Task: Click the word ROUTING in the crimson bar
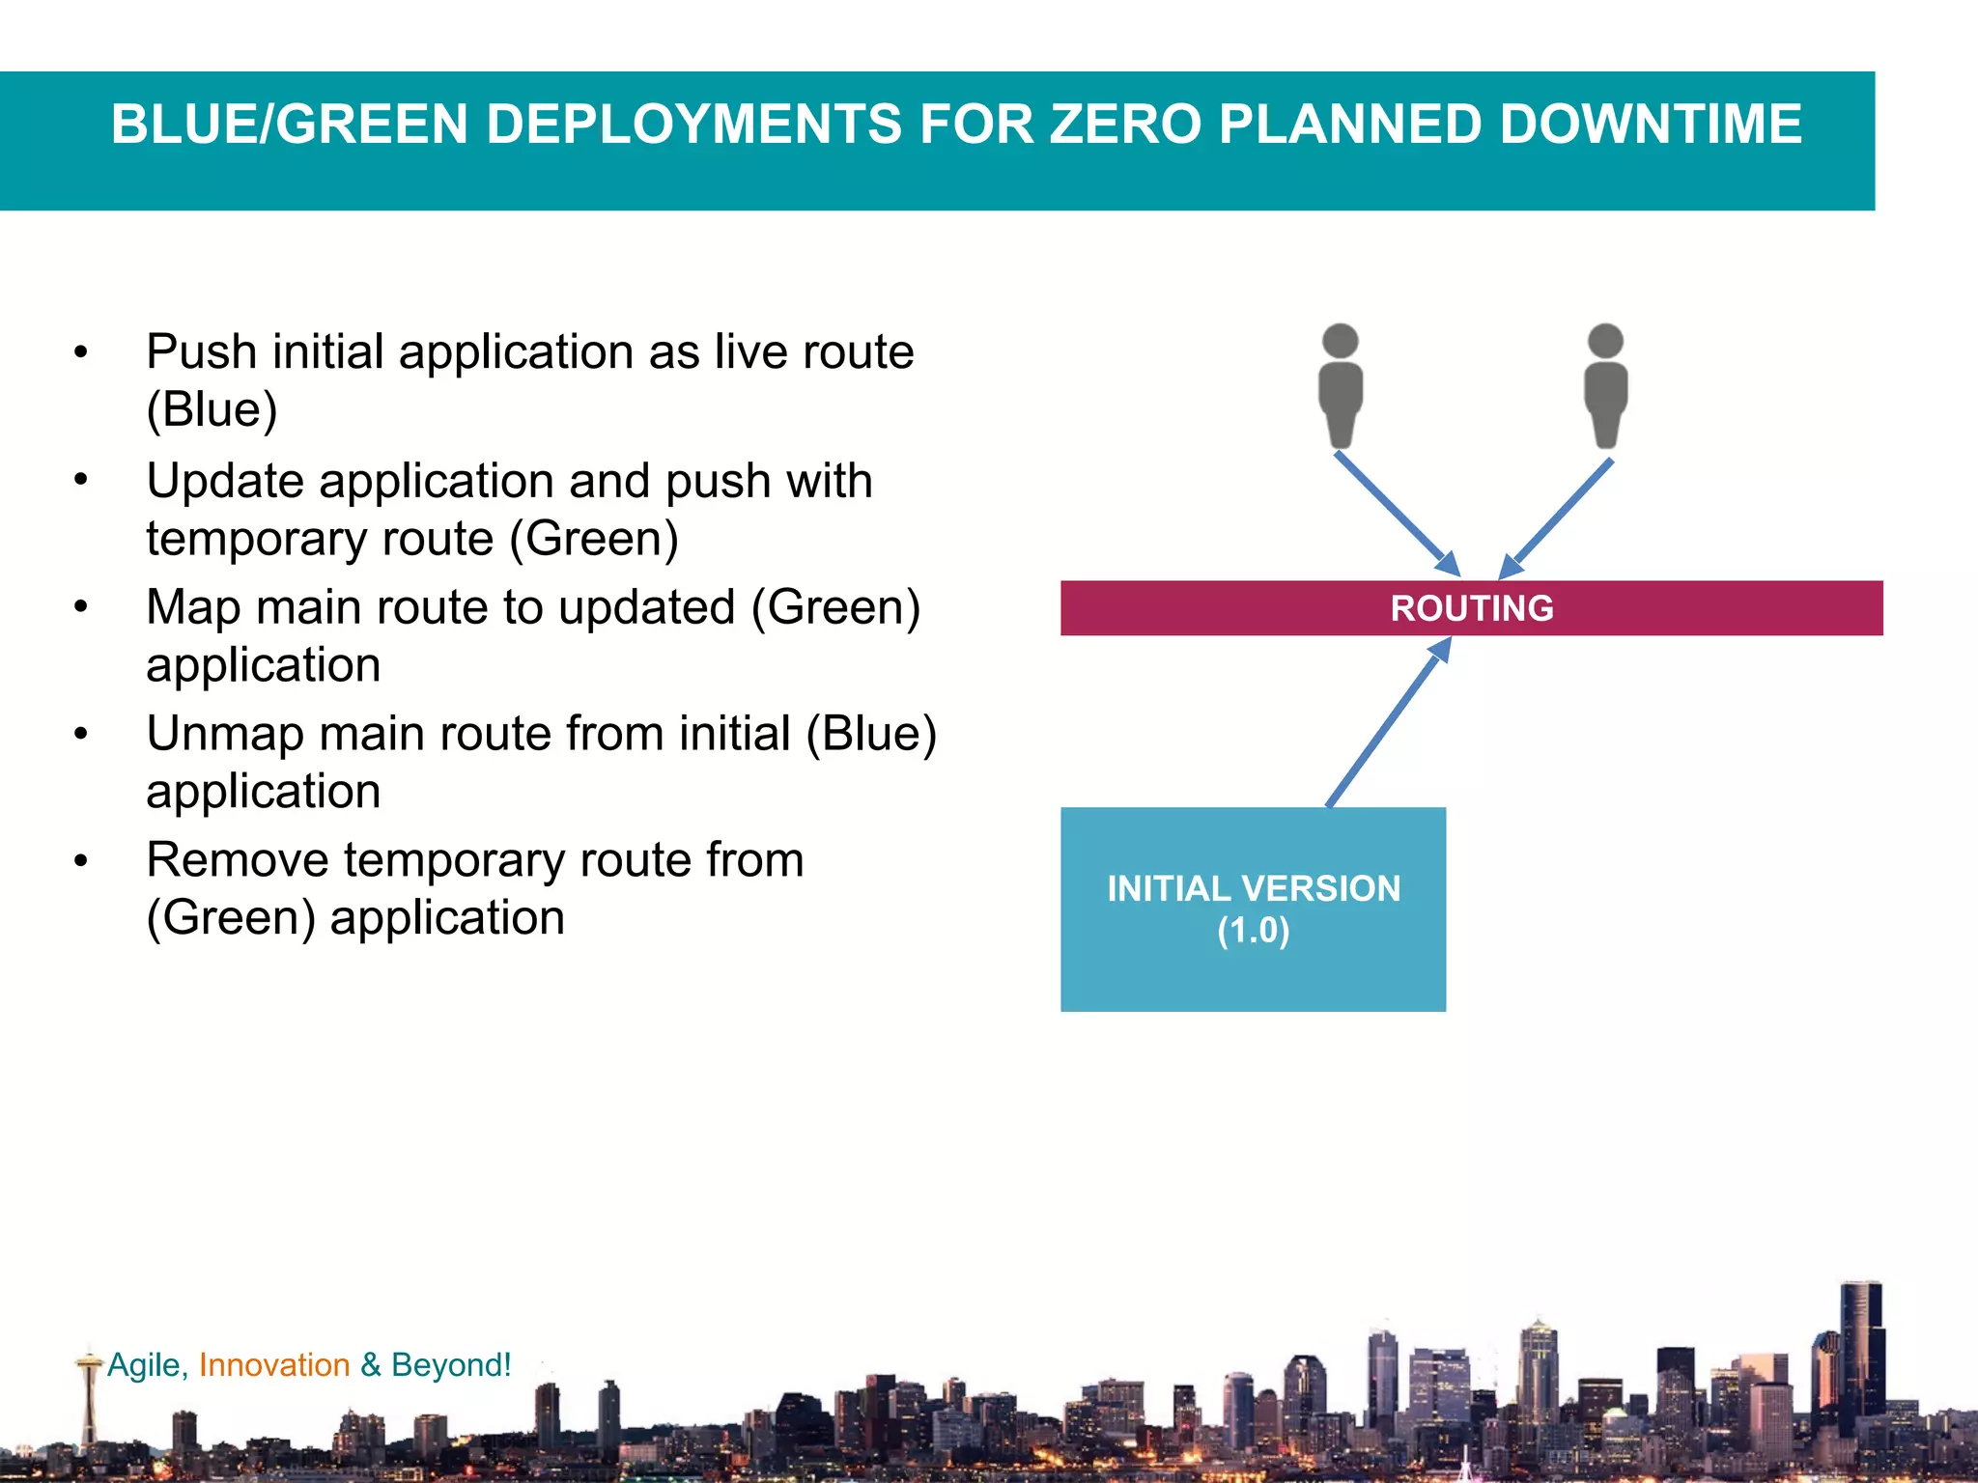pos(1471,608)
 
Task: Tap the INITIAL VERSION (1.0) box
pos(1253,909)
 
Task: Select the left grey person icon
pos(1340,386)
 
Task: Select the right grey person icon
pos(1605,386)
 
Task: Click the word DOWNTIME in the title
pos(1651,125)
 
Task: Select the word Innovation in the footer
pos(274,1364)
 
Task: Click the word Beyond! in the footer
pos(451,1364)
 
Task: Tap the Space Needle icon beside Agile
pos(90,1390)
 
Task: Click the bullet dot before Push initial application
pos(81,352)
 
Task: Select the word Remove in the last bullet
pos(237,860)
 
